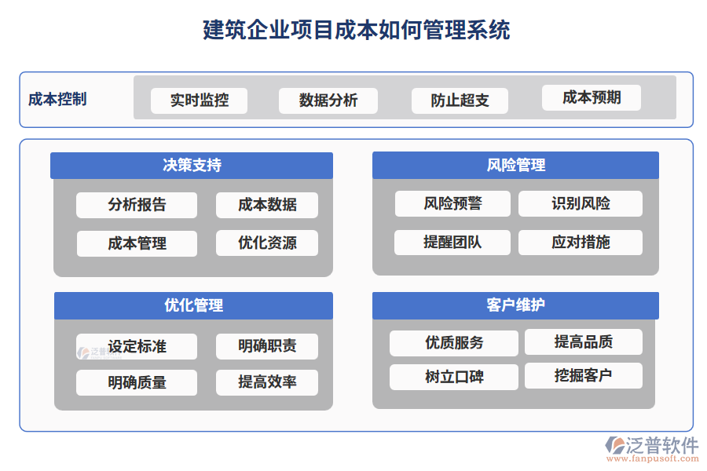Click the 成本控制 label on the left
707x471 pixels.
pyautogui.click(x=57, y=100)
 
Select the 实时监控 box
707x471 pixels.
pyautogui.click(x=199, y=100)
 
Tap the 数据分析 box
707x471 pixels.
pyautogui.click(x=328, y=100)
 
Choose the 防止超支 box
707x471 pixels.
pyautogui.click(x=460, y=100)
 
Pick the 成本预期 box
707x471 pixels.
pyautogui.click(x=592, y=97)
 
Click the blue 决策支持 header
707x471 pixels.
pyautogui.click(x=192, y=166)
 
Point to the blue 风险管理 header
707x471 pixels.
pyautogui.click(x=515, y=166)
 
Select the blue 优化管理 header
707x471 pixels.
pyautogui.click(x=193, y=305)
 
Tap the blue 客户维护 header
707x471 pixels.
pyautogui.click(x=515, y=305)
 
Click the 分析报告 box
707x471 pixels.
pyautogui.click(x=137, y=205)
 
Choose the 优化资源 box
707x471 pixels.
pyautogui.click(x=267, y=243)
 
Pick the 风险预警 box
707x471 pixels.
pyautogui.click(x=452, y=204)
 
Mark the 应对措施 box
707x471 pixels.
pyautogui.click(x=580, y=243)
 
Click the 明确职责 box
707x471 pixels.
pyautogui.click(x=267, y=346)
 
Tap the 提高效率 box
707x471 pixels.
pyautogui.click(x=267, y=382)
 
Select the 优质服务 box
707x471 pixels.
pyautogui.click(x=454, y=343)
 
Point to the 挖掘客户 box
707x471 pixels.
pyautogui.click(x=583, y=375)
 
